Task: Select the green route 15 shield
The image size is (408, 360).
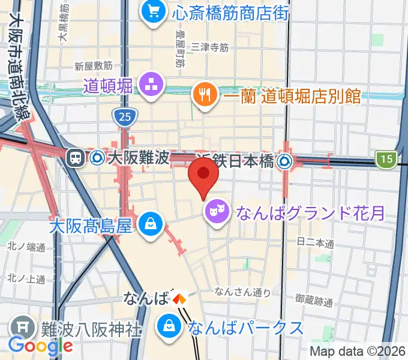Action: (x=385, y=159)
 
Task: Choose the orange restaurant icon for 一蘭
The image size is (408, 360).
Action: (x=203, y=94)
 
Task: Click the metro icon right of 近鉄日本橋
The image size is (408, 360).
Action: (x=284, y=160)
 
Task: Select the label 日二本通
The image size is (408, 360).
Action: (x=315, y=243)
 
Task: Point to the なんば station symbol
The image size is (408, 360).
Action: (x=179, y=298)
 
